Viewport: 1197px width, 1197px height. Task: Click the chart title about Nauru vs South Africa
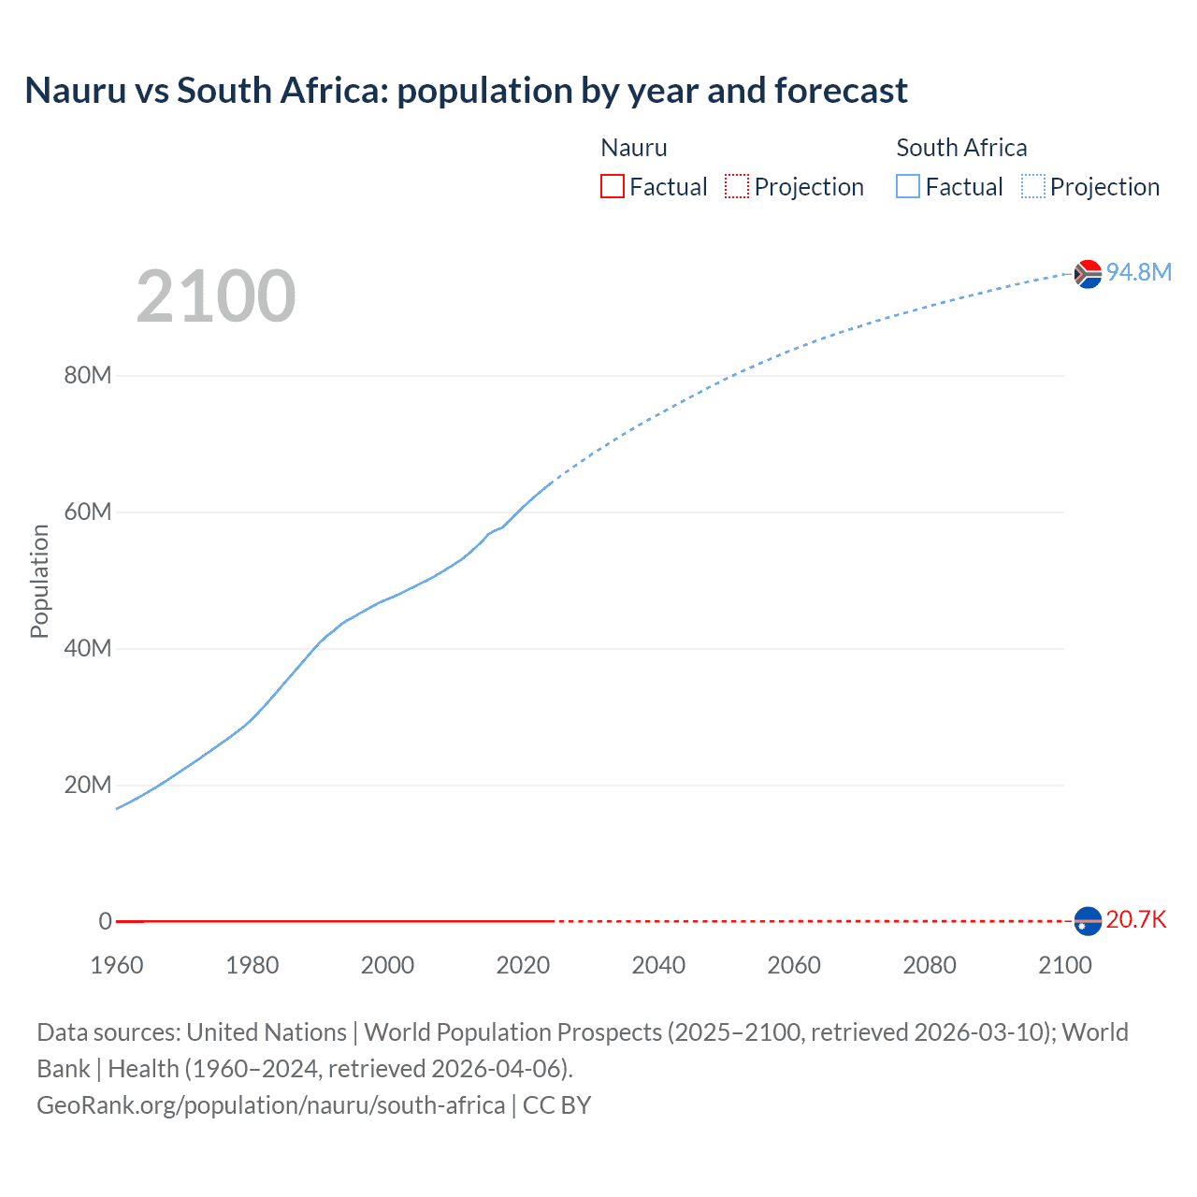[466, 91]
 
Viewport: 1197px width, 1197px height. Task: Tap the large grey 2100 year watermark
[216, 296]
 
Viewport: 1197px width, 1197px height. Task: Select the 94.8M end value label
[1138, 272]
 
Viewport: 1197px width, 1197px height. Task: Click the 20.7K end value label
[1135, 919]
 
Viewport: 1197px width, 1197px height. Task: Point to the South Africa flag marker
[1088, 274]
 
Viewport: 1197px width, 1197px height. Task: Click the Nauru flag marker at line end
[1088, 921]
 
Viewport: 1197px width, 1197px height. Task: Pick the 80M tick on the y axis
[88, 375]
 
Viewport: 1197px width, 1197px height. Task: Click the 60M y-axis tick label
[88, 512]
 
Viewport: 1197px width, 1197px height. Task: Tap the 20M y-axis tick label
[88, 785]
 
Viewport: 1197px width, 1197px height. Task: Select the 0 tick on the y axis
[105, 921]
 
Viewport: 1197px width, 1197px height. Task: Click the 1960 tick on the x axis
[117, 965]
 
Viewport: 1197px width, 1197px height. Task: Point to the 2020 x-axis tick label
[523, 965]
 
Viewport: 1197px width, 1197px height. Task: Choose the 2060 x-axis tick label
[794, 965]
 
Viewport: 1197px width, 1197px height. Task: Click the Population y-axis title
[39, 581]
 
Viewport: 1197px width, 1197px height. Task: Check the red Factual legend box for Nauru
[613, 186]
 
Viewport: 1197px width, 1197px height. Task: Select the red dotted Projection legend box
[737, 186]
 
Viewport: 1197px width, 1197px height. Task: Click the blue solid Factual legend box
[908, 186]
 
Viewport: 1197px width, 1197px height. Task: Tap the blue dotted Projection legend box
[1033, 186]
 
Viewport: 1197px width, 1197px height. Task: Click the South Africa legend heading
[961, 148]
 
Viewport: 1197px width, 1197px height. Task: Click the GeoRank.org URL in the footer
[271, 1105]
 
